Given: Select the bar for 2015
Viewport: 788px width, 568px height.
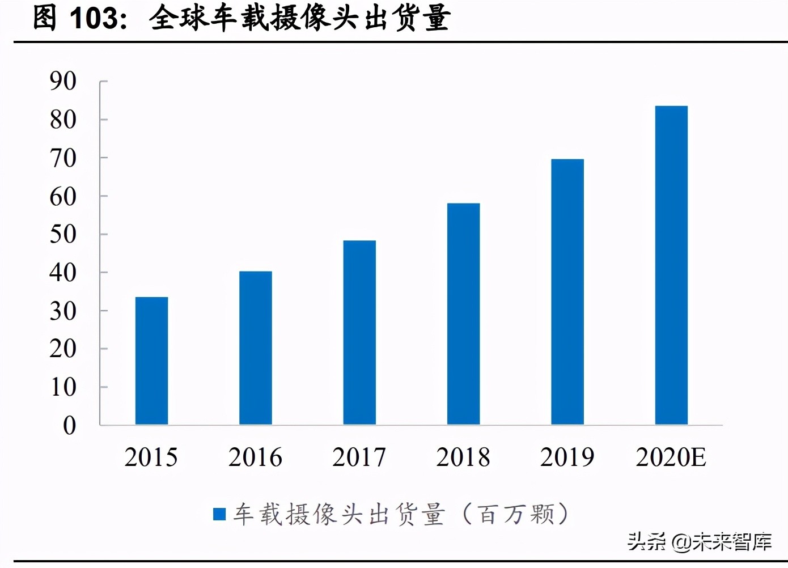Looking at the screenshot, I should point(151,361).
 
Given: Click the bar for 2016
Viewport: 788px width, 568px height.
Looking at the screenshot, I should point(255,347).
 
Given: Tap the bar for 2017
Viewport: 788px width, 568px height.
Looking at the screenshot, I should point(359,332).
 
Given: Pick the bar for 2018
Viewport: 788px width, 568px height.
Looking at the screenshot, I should point(463,313).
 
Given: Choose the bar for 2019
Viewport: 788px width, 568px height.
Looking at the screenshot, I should point(567,291).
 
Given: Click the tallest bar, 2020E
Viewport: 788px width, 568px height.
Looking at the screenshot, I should point(671,265).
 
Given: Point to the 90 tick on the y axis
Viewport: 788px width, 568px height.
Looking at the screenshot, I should point(63,82).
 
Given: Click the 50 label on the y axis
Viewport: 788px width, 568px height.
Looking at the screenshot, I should point(63,235).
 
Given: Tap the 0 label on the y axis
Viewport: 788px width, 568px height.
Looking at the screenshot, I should point(69,426).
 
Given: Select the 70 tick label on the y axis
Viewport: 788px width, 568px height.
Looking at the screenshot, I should point(63,158).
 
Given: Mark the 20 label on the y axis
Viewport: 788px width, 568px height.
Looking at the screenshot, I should point(63,349).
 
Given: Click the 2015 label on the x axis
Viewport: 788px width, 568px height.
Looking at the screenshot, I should point(151,457).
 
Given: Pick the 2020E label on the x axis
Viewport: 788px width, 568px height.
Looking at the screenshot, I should point(671,457).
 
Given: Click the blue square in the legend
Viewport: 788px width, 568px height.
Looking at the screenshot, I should point(219,514).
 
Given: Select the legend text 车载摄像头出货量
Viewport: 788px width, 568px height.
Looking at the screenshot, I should point(339,514).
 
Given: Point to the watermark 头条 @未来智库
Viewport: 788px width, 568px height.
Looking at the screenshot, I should point(699,542).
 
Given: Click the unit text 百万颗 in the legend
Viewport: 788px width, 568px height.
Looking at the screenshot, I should point(516,514).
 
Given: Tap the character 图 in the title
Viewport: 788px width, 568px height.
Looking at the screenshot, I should point(45,18).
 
